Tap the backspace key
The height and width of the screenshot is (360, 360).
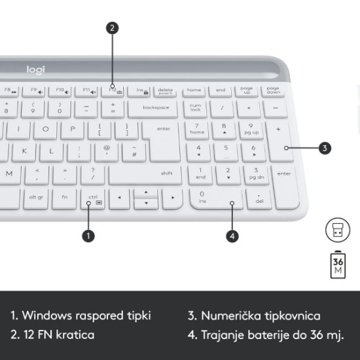(155, 107)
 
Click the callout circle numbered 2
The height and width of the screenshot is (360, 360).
(113, 28)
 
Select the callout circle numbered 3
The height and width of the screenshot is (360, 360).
(325, 148)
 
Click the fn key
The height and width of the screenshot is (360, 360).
(65, 196)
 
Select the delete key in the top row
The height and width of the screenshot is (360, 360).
(165, 90)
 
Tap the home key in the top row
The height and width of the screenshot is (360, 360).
(194, 90)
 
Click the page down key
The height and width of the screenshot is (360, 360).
(272, 90)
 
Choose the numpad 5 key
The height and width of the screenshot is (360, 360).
(226, 151)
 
